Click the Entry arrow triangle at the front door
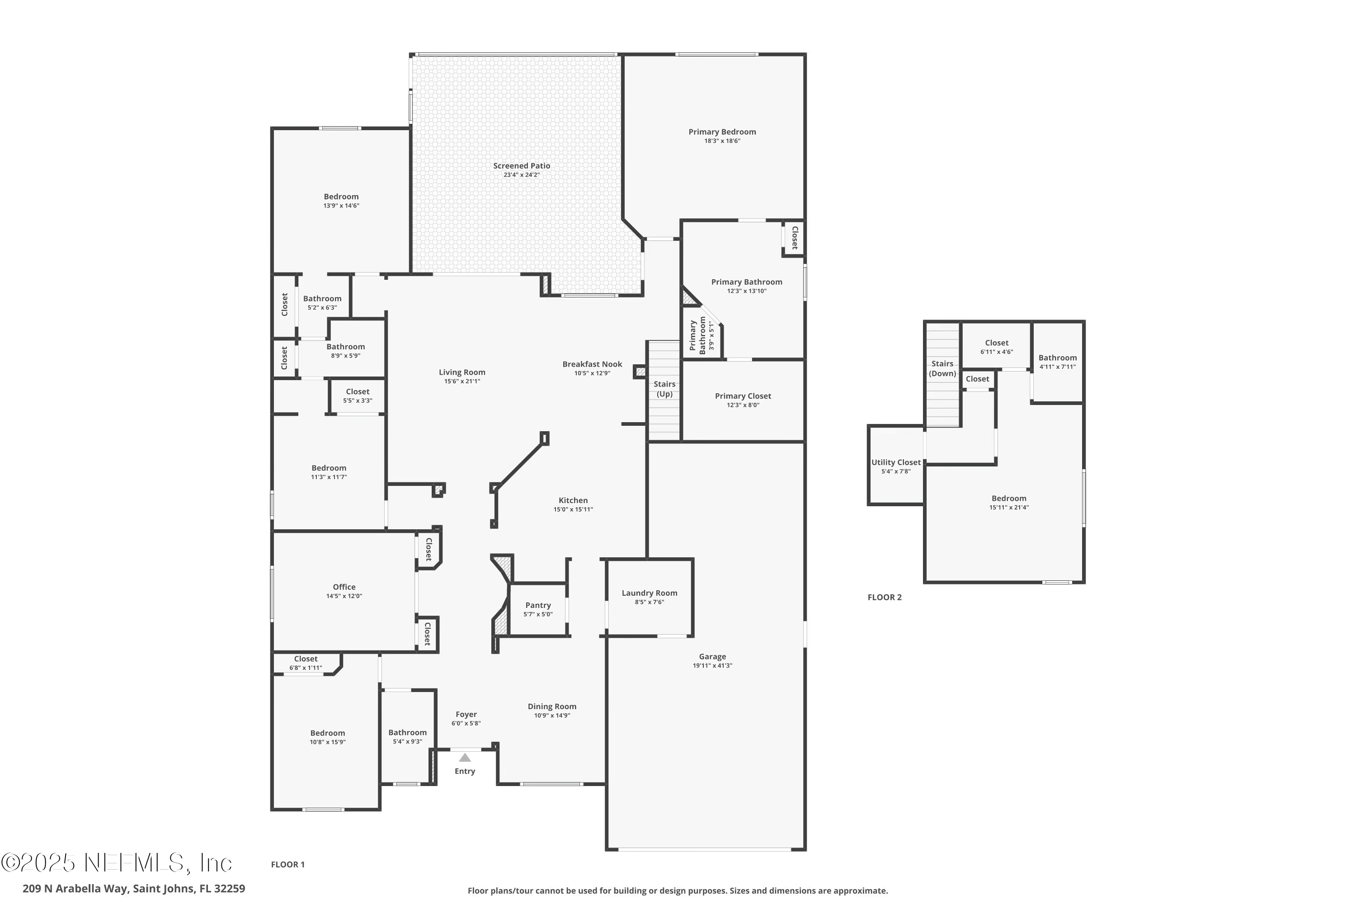465,758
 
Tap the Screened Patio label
521,166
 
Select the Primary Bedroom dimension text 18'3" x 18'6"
722,141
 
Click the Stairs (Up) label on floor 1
664,389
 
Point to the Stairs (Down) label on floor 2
942,368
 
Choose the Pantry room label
538,605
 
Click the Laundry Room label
649,593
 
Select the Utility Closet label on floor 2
895,462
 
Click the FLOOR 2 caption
885,597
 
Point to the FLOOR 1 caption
287,864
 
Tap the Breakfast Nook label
592,364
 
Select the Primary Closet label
743,396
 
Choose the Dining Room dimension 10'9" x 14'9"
552,716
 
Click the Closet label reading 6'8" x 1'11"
306,668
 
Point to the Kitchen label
573,500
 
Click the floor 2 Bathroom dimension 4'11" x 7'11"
1057,367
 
